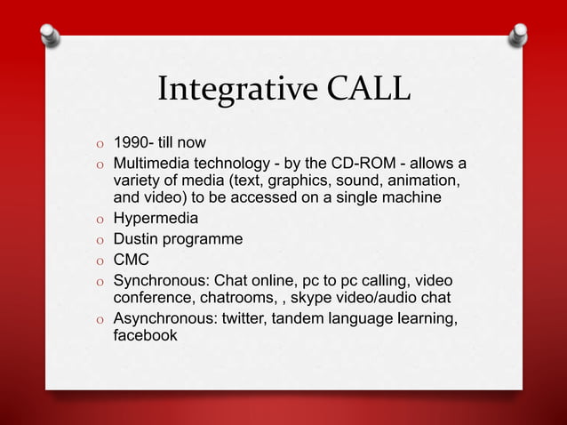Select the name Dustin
click(x=135, y=238)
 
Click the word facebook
click(x=145, y=337)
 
